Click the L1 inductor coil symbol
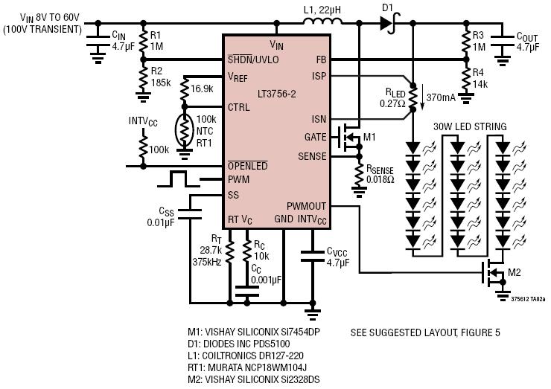pyautogui.click(x=322, y=21)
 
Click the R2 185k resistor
pyautogui.click(x=144, y=78)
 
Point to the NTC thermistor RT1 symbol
pyautogui.click(x=184, y=130)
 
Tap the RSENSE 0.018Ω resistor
pyautogui.click(x=359, y=175)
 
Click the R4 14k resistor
pyautogui.click(x=466, y=78)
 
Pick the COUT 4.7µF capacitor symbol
pyautogui.click(x=503, y=41)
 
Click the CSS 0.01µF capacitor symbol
pyautogui.click(x=190, y=214)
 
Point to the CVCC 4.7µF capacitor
pyautogui.click(x=313, y=256)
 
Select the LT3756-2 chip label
pyautogui.click(x=276, y=94)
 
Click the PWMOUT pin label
pyautogui.click(x=306, y=206)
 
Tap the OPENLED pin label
pyautogui.click(x=248, y=165)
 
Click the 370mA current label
pyautogui.click(x=441, y=97)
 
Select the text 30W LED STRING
pyautogui.click(x=470, y=126)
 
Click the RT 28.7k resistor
pyautogui.click(x=229, y=251)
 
